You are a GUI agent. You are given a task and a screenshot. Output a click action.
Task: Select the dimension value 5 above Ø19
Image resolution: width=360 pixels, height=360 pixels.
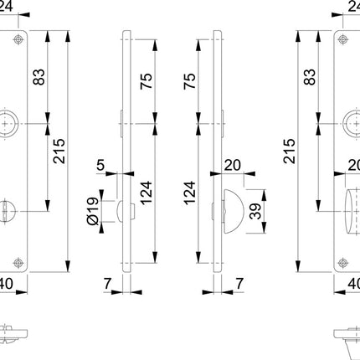pyautogui.click(x=100, y=166)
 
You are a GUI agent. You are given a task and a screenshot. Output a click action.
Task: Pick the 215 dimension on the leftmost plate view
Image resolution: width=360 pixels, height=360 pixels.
pyautogui.click(x=59, y=154)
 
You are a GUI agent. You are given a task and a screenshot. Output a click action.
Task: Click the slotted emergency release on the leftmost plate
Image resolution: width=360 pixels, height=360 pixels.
pyautogui.click(x=19, y=206)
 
